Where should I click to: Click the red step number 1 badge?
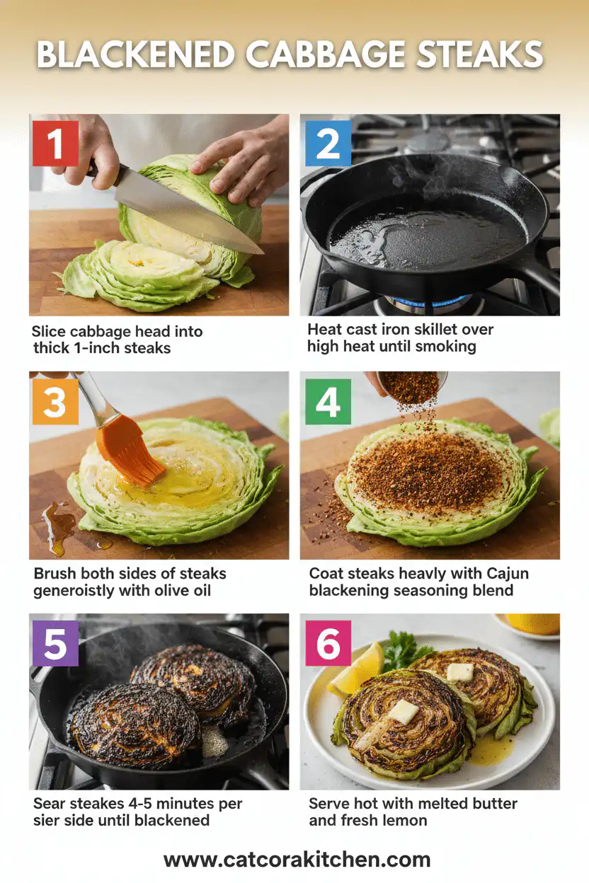[55, 143]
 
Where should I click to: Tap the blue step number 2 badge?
[328, 143]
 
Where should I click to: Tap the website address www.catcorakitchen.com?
[297, 860]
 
